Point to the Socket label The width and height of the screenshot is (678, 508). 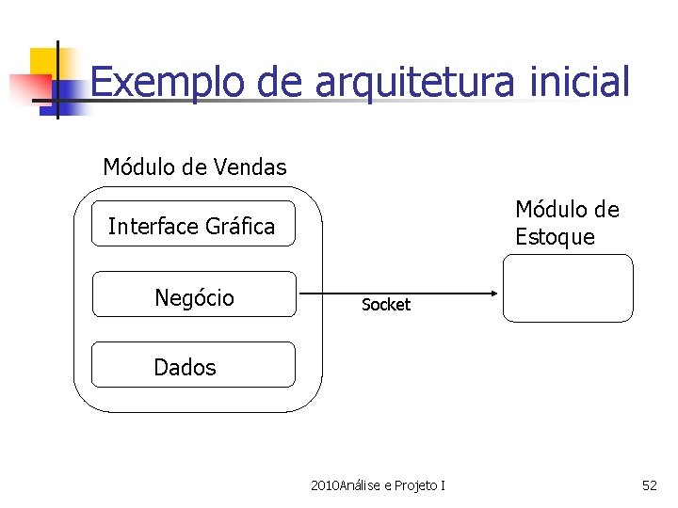tap(386, 305)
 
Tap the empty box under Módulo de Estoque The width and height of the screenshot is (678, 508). tap(568, 288)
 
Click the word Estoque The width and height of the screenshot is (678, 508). tap(555, 236)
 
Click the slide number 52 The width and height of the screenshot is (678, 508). tap(649, 485)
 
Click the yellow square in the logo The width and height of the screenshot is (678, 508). tap(41, 60)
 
